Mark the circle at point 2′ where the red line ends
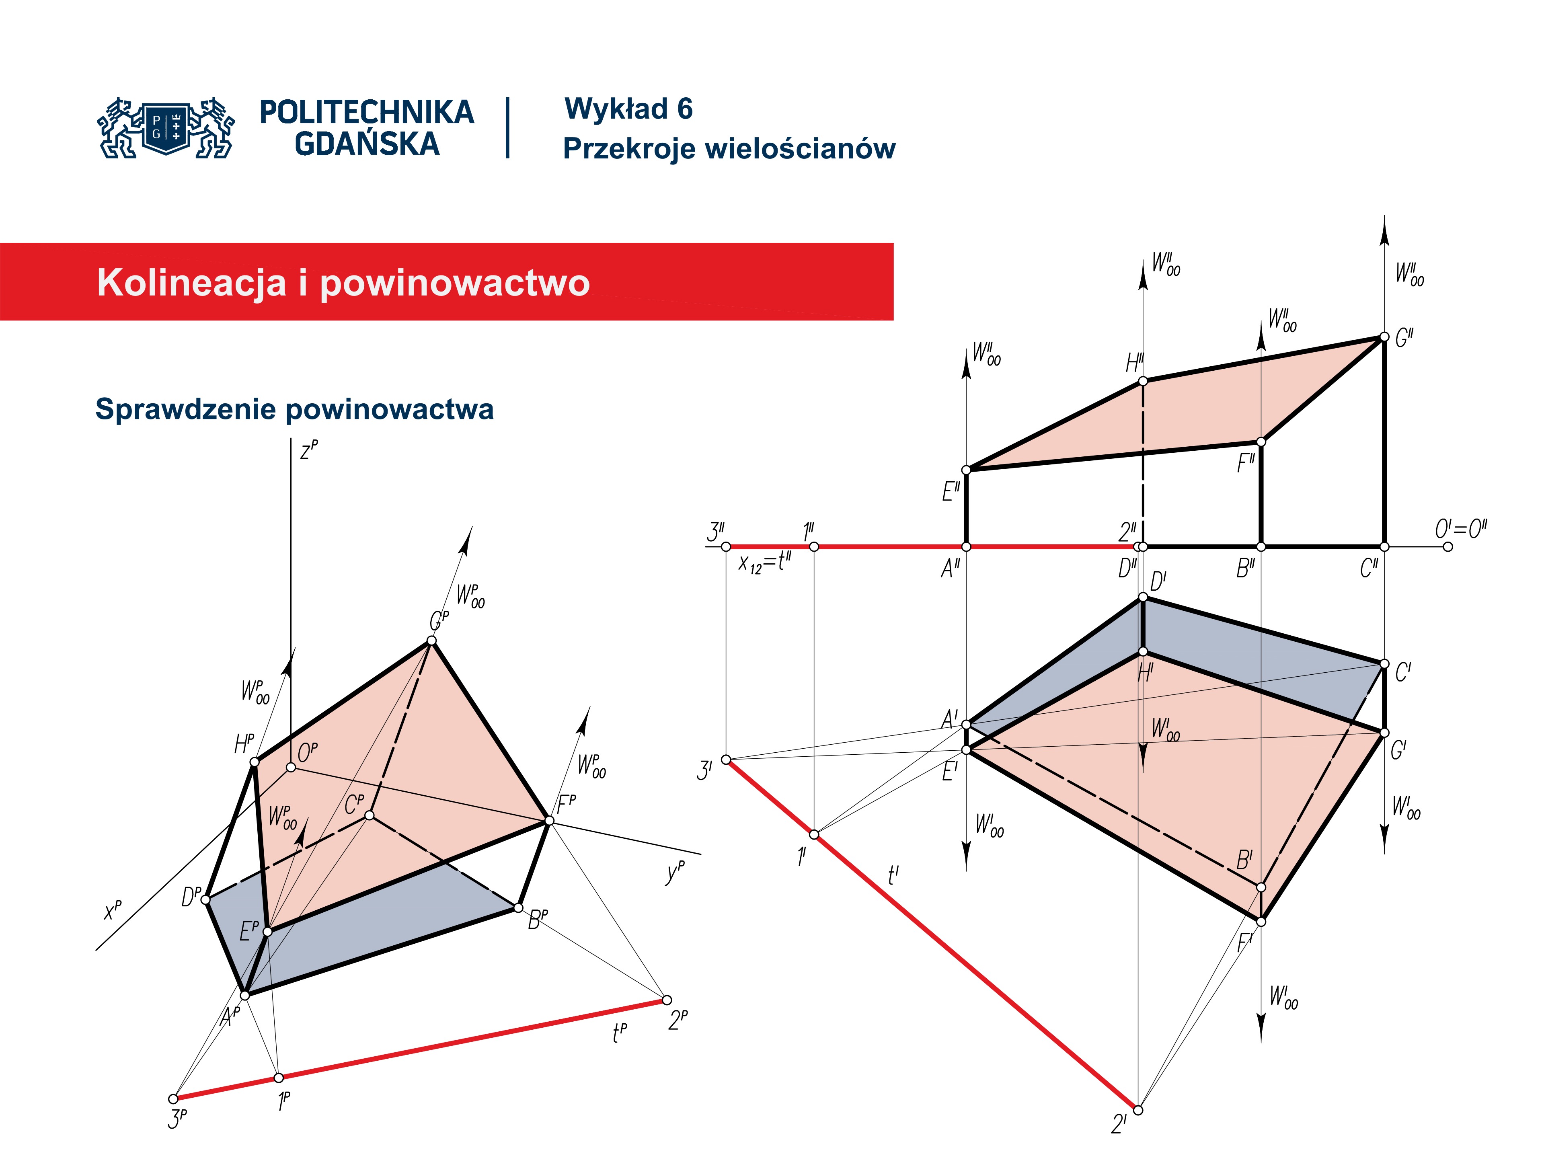(1138, 1110)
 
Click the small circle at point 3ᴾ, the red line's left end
(174, 1098)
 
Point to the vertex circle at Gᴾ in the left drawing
(432, 641)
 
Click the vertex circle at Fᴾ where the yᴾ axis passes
(549, 821)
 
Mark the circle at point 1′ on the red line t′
(814, 834)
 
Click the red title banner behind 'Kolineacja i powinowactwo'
(447, 282)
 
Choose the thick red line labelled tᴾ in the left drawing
(420, 1050)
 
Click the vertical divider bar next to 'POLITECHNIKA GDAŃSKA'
(507, 128)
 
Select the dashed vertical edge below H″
(1143, 464)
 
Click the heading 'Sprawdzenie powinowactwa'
(295, 409)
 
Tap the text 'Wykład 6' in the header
(628, 109)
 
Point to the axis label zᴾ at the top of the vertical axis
(309, 450)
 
